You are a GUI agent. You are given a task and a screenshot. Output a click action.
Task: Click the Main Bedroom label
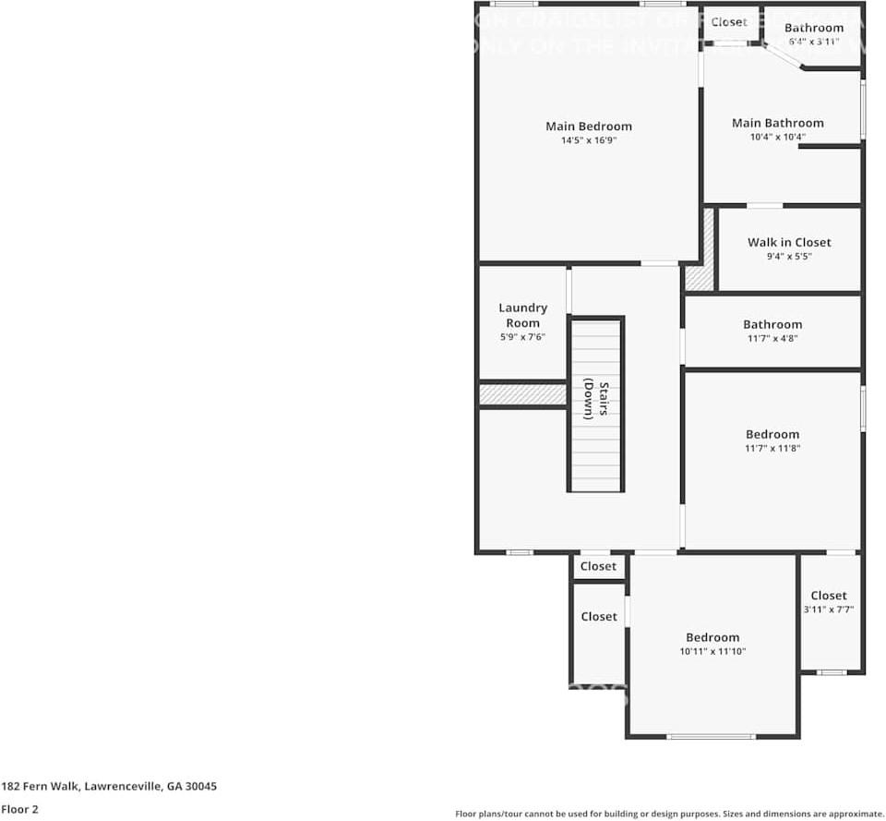(x=589, y=127)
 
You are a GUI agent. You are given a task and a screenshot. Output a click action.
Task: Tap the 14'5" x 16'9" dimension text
(x=589, y=141)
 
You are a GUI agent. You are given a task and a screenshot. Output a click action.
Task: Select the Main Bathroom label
(x=778, y=123)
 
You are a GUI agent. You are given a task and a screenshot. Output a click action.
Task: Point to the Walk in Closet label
(x=789, y=242)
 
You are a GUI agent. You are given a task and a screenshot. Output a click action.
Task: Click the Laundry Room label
(x=523, y=315)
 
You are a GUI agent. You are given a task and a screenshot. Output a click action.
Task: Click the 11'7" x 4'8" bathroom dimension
(x=772, y=339)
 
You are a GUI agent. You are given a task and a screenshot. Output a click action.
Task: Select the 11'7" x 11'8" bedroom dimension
(x=772, y=449)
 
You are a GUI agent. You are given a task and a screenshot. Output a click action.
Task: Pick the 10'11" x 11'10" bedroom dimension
(x=712, y=652)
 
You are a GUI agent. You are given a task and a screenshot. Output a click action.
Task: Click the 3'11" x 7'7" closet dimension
(x=829, y=610)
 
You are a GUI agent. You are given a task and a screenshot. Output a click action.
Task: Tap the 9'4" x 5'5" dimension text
(x=789, y=257)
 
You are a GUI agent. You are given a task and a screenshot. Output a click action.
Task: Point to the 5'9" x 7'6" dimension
(x=523, y=338)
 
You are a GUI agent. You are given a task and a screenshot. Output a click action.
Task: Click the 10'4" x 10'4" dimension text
(x=778, y=138)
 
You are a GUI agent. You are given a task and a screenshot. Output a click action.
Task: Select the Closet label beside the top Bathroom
(x=729, y=22)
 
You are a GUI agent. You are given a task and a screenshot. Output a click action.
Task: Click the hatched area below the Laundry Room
(x=522, y=394)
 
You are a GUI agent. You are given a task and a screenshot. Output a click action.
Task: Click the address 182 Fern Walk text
(x=109, y=787)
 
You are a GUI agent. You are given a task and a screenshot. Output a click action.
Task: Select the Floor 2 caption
(x=19, y=809)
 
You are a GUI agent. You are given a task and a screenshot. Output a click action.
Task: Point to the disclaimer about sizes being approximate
(x=669, y=814)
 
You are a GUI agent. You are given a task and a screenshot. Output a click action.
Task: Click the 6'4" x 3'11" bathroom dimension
(x=814, y=42)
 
